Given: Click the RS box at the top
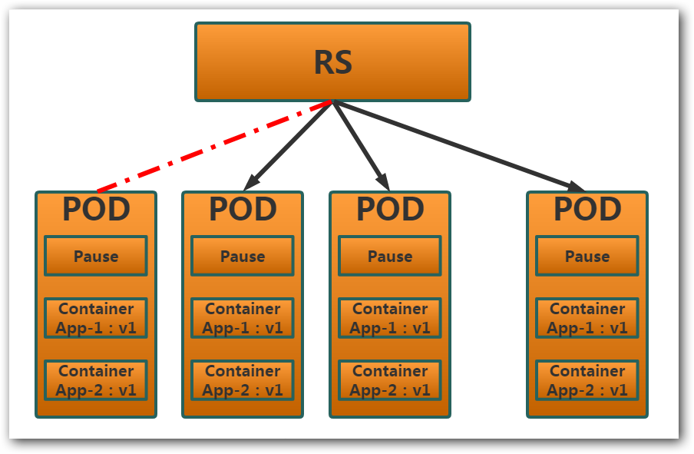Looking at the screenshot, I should [332, 61].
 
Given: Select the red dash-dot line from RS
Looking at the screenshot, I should [215, 146].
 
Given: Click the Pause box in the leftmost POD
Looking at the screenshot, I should [96, 256].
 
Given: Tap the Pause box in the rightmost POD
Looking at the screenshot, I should [587, 256].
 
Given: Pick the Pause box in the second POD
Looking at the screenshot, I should [243, 256].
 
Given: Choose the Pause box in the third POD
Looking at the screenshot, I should [390, 256].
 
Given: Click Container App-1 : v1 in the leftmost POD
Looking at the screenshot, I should [96, 318].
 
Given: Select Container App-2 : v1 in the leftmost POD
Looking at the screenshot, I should [96, 380].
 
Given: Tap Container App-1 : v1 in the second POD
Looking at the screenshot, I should [243, 318].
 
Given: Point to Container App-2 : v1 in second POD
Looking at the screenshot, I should [243, 380].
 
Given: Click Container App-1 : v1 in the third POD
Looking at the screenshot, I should [390, 318].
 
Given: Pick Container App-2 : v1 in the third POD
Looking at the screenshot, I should [390, 380].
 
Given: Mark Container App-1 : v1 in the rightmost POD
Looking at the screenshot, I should [587, 318].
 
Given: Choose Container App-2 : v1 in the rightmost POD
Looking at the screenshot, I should [587, 380].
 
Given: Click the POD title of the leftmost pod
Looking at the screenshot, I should [96, 209].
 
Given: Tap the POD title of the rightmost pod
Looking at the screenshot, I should [587, 209].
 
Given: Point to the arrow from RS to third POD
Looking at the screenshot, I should [361, 145].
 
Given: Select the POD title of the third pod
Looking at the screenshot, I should [390, 209].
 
